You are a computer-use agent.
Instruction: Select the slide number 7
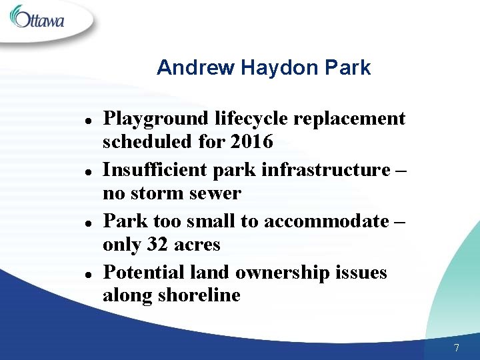pos(456,347)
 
